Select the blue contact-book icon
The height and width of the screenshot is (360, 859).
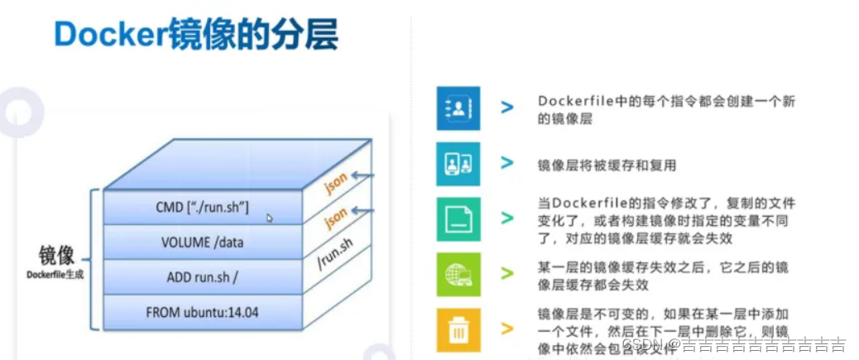click(x=458, y=108)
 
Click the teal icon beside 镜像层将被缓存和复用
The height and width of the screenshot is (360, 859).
click(x=458, y=164)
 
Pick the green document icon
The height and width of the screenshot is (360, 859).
click(x=458, y=218)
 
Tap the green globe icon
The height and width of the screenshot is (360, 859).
click(x=458, y=274)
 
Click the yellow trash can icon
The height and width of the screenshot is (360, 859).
click(x=458, y=329)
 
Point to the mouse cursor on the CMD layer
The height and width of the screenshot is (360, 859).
click(x=269, y=218)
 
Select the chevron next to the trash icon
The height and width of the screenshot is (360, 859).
click(x=506, y=329)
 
